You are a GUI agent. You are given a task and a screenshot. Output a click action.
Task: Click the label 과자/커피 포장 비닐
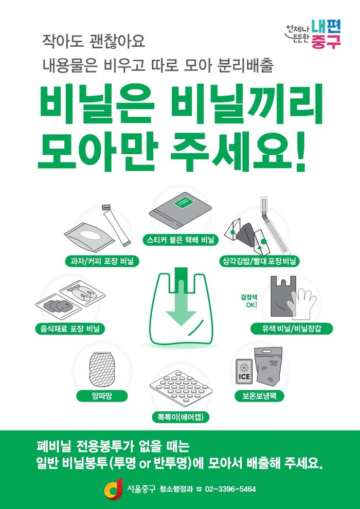[102, 261]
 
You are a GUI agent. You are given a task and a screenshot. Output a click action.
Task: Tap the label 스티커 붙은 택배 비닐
[180, 241]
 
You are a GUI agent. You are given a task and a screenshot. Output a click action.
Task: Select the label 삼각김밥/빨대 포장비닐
[259, 261]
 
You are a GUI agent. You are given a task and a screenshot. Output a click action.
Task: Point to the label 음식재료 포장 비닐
[70, 329]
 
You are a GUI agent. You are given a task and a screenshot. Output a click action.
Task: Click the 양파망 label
[102, 396]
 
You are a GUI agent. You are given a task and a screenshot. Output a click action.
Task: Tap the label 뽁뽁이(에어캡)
[181, 417]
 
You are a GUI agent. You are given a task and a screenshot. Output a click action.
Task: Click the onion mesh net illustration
[102, 368]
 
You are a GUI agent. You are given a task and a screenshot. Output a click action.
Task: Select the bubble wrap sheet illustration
[180, 390]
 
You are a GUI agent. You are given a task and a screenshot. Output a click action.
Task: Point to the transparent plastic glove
[302, 303]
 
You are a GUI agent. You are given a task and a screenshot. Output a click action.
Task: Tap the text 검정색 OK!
[249, 301]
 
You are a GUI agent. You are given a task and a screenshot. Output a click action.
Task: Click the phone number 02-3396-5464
[230, 489]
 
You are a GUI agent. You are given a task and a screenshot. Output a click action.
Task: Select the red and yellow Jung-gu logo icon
[113, 489]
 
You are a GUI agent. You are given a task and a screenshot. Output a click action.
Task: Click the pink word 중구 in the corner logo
[326, 42]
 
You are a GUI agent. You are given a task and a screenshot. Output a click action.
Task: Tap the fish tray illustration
[83, 293]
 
